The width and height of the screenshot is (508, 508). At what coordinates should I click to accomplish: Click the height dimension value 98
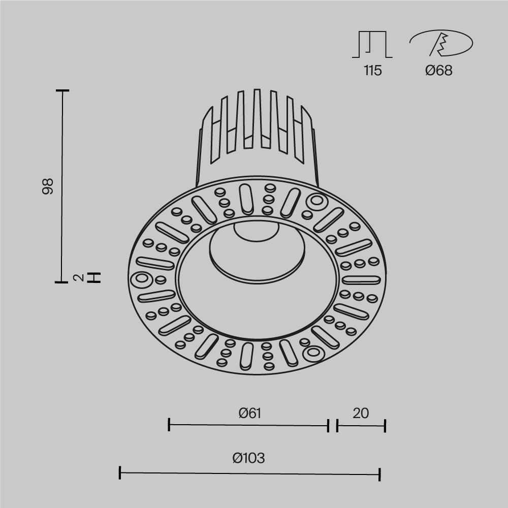point(48,186)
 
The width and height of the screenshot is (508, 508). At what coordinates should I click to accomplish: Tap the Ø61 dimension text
point(249,413)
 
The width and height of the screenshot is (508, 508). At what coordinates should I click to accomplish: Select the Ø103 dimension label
point(249,458)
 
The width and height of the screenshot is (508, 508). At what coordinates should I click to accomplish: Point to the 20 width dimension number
point(361,413)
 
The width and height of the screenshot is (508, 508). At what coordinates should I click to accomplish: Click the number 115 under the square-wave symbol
point(372,71)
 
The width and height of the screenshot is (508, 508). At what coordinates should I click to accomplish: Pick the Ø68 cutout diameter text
point(438,71)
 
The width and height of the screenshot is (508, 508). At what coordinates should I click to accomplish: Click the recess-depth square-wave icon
point(372,44)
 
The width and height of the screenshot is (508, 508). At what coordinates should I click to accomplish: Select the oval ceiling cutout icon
point(441,43)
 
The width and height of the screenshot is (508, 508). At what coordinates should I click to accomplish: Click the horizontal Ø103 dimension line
point(249,473)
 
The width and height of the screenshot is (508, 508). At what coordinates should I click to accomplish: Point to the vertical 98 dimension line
point(62,186)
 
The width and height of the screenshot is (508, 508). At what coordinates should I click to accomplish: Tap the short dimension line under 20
point(361,426)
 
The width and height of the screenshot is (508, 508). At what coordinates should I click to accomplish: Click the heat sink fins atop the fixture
point(257,127)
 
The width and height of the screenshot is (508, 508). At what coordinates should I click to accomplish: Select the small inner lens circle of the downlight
point(257,231)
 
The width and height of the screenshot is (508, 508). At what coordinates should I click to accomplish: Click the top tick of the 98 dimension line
point(62,91)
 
